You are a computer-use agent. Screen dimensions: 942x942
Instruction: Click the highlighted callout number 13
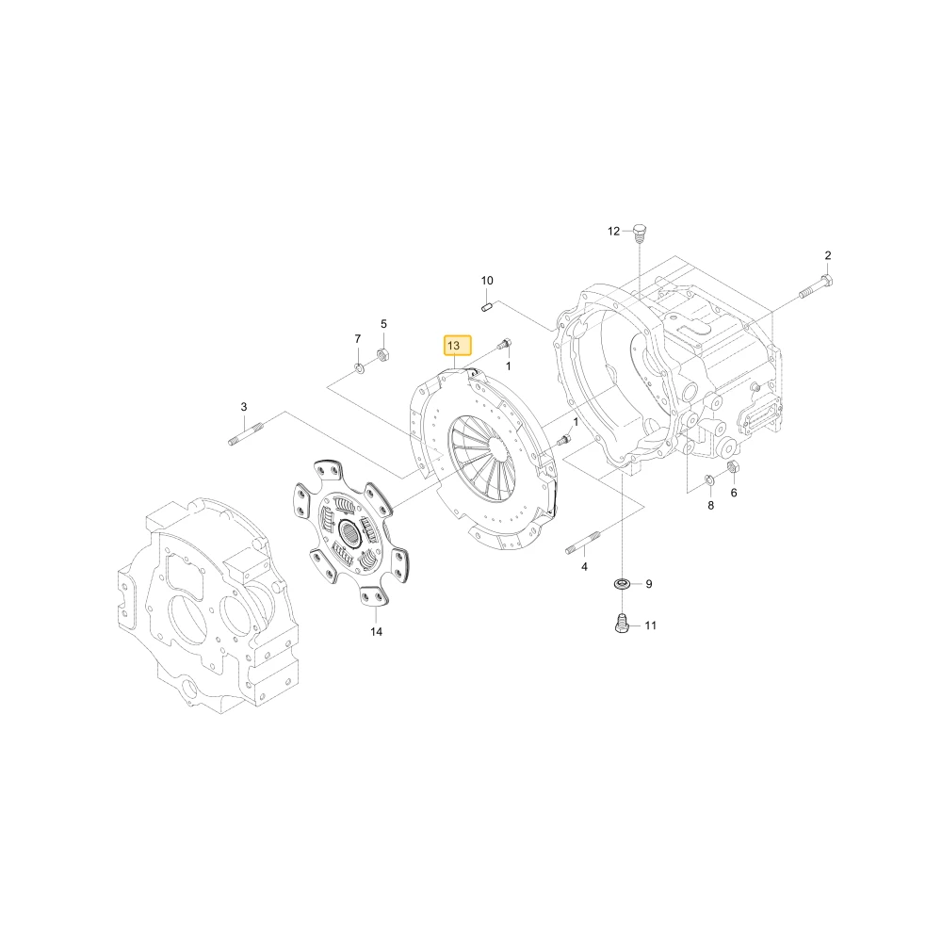click(x=457, y=346)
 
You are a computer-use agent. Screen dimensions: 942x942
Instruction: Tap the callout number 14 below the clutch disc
click(x=376, y=632)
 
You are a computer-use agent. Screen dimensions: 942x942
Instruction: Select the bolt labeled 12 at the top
click(x=640, y=233)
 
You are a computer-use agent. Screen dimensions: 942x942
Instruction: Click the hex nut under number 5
click(x=383, y=354)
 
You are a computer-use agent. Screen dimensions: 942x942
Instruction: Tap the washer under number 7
click(x=359, y=367)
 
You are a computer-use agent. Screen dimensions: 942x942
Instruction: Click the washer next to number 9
click(x=622, y=583)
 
